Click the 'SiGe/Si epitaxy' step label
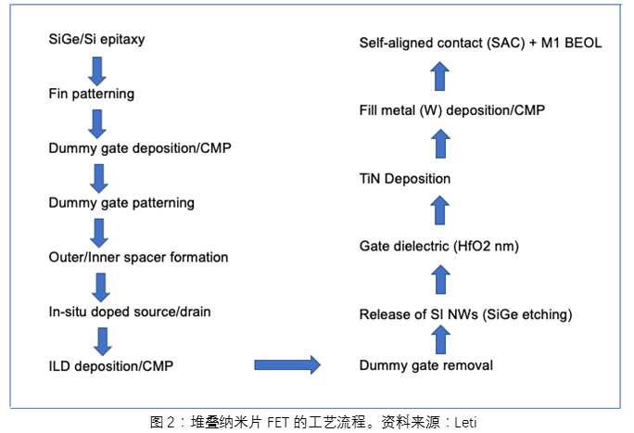pos(96,40)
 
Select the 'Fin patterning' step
pos(91,94)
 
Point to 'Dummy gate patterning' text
pos(121,202)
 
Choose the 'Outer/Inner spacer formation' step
pos(138,256)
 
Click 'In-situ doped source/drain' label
pos(130,311)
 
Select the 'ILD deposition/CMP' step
pos(110,364)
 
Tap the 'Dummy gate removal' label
pos(425,364)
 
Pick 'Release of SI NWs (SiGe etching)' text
pos(465,315)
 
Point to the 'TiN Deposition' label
pos(405,177)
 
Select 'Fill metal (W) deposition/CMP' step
pos(451,110)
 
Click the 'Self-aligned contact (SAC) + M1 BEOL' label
pos(481,43)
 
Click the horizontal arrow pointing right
pos(286,364)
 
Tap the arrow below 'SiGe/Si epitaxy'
pos(97,68)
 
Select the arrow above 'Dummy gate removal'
pos(441,340)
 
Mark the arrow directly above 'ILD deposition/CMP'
pos(102,338)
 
